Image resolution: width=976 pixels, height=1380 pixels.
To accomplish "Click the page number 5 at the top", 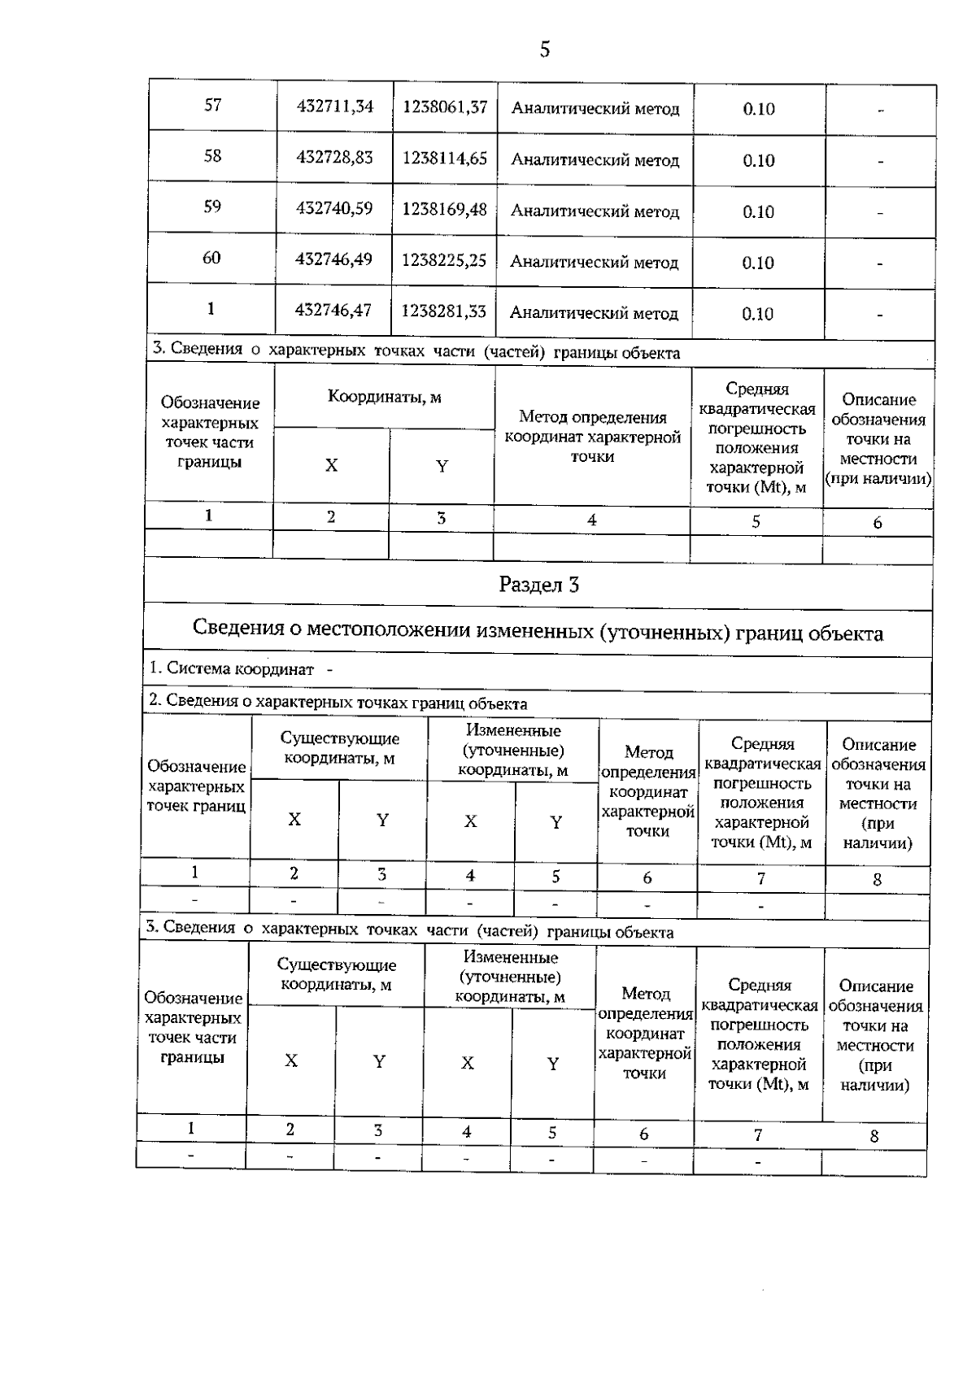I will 544,50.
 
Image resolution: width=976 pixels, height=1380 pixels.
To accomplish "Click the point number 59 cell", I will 212,207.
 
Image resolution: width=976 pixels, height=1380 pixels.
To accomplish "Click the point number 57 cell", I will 212,106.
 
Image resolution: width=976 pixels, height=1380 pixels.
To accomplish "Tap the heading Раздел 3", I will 538,585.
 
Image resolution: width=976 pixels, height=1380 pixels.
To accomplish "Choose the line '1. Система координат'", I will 233,669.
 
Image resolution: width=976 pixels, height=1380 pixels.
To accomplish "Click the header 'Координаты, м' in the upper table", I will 384,397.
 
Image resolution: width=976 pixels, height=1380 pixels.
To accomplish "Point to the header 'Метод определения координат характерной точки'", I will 592,437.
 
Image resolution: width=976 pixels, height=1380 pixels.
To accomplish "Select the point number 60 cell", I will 211,259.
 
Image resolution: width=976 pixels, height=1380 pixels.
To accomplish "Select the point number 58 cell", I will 212,156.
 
